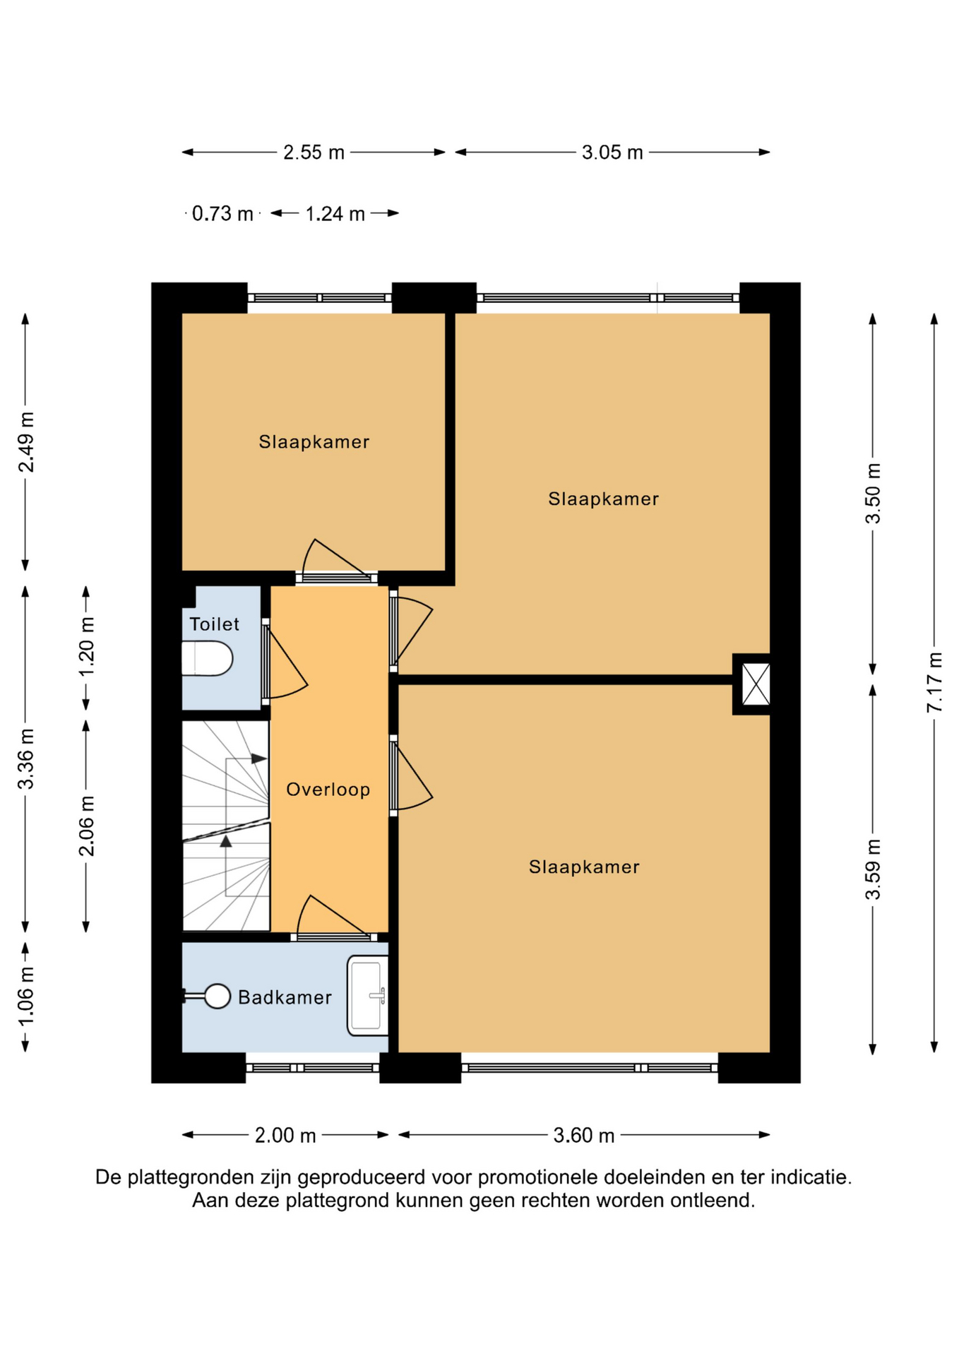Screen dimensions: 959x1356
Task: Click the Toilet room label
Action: [x=214, y=624]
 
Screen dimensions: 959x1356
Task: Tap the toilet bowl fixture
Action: [x=207, y=658]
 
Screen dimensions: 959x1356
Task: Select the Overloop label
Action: [x=328, y=790]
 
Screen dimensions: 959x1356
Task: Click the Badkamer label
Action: [x=285, y=997]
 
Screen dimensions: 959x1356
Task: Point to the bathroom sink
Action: [x=367, y=996]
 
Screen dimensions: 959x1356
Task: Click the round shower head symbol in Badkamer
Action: [x=217, y=997]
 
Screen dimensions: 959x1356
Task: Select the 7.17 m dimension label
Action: [x=934, y=682]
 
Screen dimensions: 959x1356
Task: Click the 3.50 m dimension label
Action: [x=873, y=494]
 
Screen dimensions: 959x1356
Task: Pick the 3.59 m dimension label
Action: [x=873, y=869]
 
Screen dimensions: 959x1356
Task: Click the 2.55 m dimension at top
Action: [x=314, y=153]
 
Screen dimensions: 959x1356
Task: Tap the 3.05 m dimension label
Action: [x=612, y=153]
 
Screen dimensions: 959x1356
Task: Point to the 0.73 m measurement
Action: [x=222, y=213]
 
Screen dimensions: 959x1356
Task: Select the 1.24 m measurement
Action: [x=335, y=213]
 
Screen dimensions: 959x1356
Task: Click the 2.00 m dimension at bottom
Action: [x=285, y=1136]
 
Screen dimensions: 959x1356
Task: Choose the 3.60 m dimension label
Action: [x=584, y=1136]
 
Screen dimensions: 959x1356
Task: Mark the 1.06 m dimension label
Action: [x=25, y=997]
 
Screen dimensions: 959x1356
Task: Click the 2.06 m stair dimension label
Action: [x=86, y=826]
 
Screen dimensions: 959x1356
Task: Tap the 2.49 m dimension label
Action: [x=25, y=442]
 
